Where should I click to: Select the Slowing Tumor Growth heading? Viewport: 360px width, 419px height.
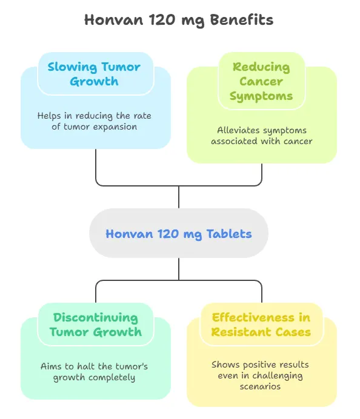94,74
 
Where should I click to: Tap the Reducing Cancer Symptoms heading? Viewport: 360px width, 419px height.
261,81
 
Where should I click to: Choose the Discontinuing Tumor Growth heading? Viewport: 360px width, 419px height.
95,325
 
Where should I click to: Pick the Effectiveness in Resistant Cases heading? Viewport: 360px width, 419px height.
261,325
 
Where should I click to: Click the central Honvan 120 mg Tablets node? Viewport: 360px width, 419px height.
179,233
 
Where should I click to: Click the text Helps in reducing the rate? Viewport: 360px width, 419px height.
95,116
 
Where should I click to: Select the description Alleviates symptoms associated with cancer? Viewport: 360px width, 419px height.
261,136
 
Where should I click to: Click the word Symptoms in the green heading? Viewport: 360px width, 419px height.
261,96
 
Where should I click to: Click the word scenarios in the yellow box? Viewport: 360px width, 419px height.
261,386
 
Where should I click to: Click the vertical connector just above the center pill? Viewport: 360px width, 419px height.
179,197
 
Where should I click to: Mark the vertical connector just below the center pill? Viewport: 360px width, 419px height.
179,269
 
